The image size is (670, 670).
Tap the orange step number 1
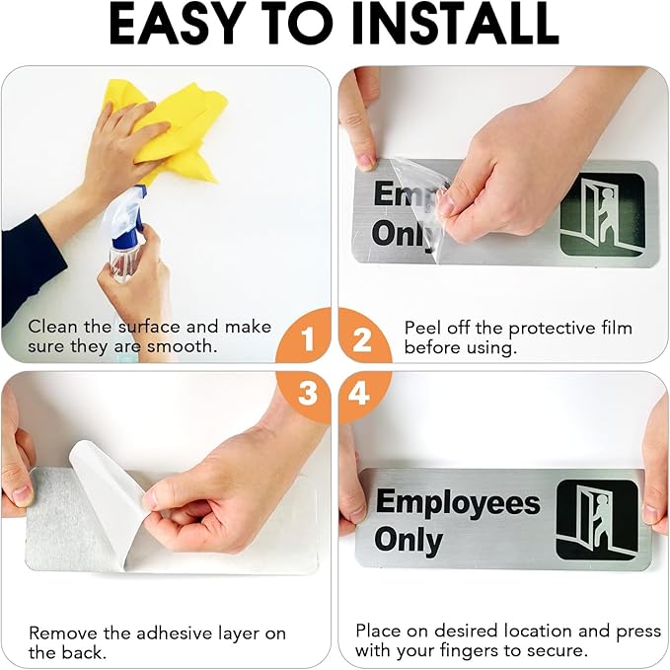pyautogui.click(x=308, y=341)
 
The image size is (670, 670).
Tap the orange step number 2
pyautogui.click(x=362, y=341)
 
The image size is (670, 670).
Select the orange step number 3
pyautogui.click(x=308, y=394)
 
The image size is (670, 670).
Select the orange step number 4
pyautogui.click(x=362, y=394)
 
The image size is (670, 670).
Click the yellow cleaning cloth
pyautogui.click(x=178, y=128)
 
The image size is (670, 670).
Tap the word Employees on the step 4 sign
pyautogui.click(x=458, y=503)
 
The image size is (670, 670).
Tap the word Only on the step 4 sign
pyautogui.click(x=408, y=541)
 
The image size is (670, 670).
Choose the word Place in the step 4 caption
pyautogui.click(x=378, y=630)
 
